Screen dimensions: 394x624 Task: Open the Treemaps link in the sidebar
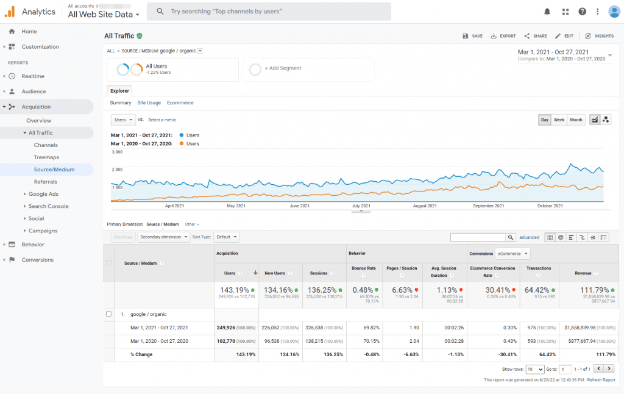click(x=46, y=157)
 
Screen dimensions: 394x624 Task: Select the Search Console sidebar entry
click(x=48, y=206)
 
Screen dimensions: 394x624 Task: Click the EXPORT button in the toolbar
click(x=503, y=36)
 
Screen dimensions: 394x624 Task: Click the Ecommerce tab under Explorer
click(x=180, y=103)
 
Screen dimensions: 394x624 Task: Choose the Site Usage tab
click(x=149, y=103)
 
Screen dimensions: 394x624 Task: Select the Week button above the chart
click(x=559, y=120)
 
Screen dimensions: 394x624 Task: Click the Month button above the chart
click(x=576, y=120)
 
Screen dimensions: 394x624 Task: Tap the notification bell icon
click(x=547, y=12)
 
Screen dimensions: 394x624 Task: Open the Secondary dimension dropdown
click(x=163, y=237)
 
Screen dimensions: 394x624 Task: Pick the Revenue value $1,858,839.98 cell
click(x=586, y=328)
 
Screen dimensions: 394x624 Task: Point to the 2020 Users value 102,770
click(x=229, y=341)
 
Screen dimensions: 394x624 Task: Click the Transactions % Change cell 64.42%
click(x=539, y=354)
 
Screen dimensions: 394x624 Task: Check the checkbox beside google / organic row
click(x=109, y=314)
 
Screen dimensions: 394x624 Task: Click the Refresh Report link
click(x=601, y=379)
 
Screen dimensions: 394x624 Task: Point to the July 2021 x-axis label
click(x=361, y=206)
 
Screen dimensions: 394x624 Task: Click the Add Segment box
click(x=308, y=69)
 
